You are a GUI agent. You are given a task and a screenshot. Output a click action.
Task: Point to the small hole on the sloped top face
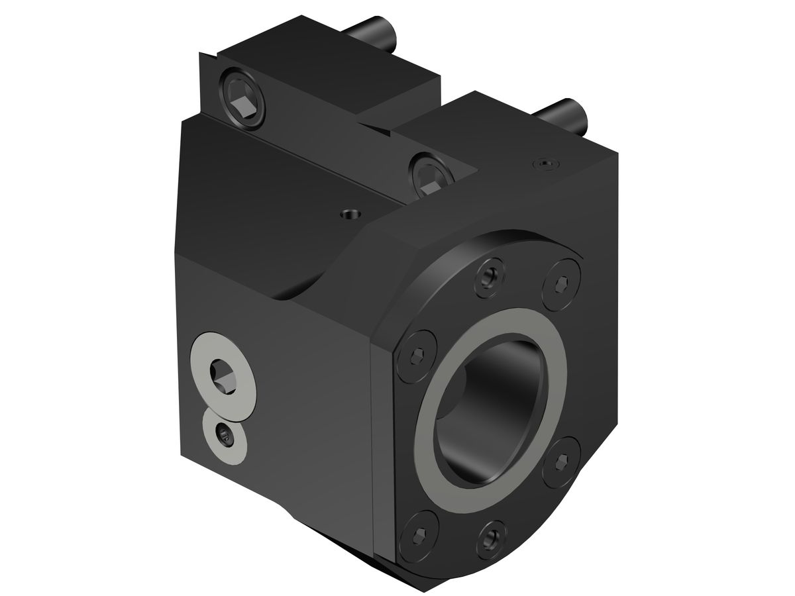click(349, 214)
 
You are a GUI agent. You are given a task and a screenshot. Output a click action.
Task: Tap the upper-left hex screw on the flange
click(418, 351)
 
